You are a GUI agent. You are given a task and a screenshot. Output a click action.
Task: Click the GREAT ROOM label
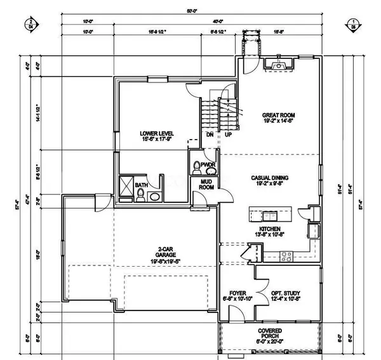pyautogui.click(x=279, y=116)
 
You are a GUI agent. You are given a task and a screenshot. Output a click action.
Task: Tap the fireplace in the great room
pyautogui.click(x=278, y=63)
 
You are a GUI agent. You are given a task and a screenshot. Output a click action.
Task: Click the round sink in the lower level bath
pyautogui.click(x=154, y=197)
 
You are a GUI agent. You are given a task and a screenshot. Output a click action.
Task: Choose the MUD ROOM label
pyautogui.click(x=206, y=184)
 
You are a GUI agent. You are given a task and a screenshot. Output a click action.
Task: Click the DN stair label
pyautogui.click(x=209, y=135)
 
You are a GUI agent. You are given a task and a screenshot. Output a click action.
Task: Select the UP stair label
pyautogui.click(x=227, y=135)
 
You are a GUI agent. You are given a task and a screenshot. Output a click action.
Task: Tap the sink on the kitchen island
pyautogui.click(x=269, y=214)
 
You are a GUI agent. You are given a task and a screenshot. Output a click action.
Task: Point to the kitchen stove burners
pyautogui.click(x=286, y=257)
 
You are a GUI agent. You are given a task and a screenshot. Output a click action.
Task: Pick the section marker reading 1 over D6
pyautogui.click(x=352, y=24)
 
